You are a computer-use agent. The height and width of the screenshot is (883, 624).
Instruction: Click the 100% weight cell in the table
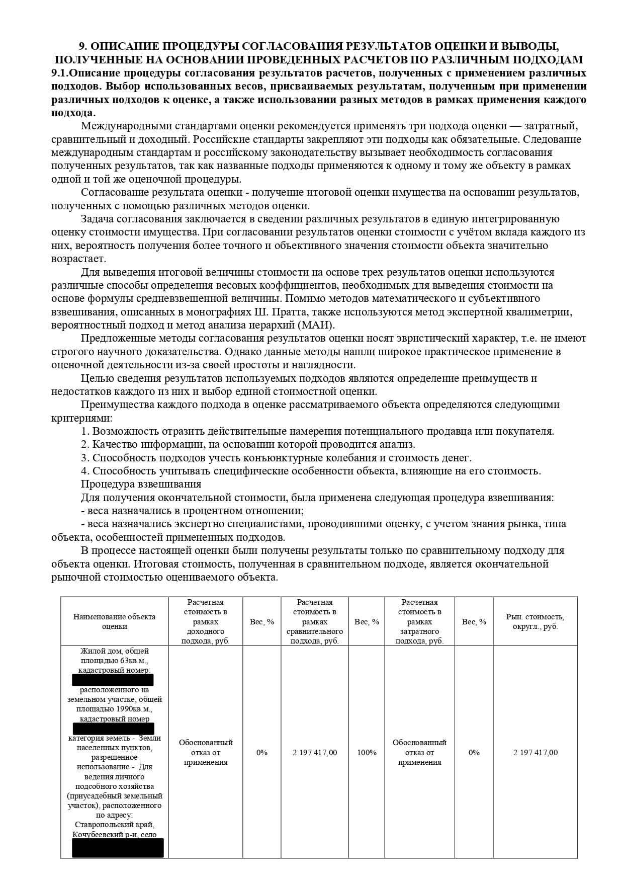pyautogui.click(x=367, y=753)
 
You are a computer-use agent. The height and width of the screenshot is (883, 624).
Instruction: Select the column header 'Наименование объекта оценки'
pyautogui.click(x=114, y=621)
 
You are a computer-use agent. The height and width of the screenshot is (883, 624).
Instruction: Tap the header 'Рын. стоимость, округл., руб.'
pyautogui.click(x=535, y=621)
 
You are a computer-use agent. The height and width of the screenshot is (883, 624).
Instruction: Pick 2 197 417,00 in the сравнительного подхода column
pyautogui.click(x=315, y=753)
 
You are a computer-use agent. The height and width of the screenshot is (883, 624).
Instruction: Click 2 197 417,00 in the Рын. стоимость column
pyautogui.click(x=535, y=753)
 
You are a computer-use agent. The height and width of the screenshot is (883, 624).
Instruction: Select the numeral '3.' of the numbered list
pyautogui.click(x=85, y=458)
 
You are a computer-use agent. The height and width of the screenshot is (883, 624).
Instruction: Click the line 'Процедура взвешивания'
pyautogui.click(x=141, y=484)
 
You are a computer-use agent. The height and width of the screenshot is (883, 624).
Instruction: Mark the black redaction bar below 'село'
pyautogui.click(x=118, y=848)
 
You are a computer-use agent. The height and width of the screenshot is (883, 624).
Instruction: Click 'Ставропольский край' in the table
pyautogui.click(x=114, y=825)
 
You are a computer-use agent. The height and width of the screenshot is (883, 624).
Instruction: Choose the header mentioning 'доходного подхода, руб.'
pyautogui.click(x=206, y=621)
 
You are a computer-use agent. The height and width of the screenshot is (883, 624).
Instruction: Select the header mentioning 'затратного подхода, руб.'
pyautogui.click(x=419, y=621)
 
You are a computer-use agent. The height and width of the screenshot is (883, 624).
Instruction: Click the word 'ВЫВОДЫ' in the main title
pyautogui.click(x=528, y=46)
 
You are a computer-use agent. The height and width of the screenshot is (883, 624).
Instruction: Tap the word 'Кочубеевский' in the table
pyautogui.click(x=98, y=835)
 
